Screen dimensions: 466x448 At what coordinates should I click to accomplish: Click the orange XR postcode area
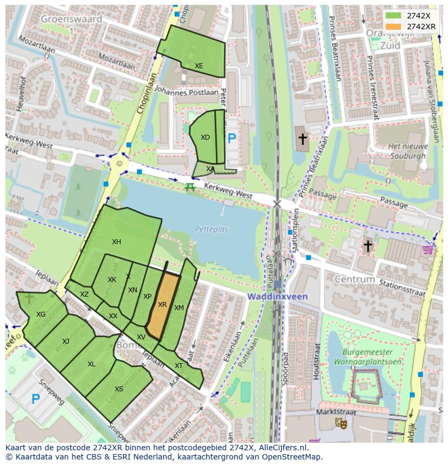pyautogui.click(x=162, y=306)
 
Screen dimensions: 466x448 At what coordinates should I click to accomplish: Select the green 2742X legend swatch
pyautogui.click(x=393, y=16)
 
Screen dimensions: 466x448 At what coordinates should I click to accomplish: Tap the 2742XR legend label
pyautogui.click(x=421, y=27)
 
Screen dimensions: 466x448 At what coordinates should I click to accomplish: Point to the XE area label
pyautogui.click(x=199, y=66)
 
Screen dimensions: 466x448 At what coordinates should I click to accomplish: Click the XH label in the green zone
pyautogui.click(x=116, y=242)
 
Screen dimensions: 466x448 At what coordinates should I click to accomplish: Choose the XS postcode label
pyautogui.click(x=119, y=389)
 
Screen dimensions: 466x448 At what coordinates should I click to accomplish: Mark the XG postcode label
pyautogui.click(x=41, y=314)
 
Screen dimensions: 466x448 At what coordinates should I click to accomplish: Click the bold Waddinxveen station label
pyautogui.click(x=278, y=297)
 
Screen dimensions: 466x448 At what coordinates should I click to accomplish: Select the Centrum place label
pyautogui.click(x=354, y=279)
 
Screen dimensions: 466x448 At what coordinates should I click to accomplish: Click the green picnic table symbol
pyautogui.click(x=189, y=187)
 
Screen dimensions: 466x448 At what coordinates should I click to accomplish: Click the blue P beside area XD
pyautogui.click(x=232, y=139)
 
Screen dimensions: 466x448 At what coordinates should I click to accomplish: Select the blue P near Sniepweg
pyautogui.click(x=36, y=399)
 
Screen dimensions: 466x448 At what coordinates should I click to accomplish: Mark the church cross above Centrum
pyautogui.click(x=368, y=246)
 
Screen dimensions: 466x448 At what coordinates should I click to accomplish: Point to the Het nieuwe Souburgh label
pyautogui.click(x=408, y=150)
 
